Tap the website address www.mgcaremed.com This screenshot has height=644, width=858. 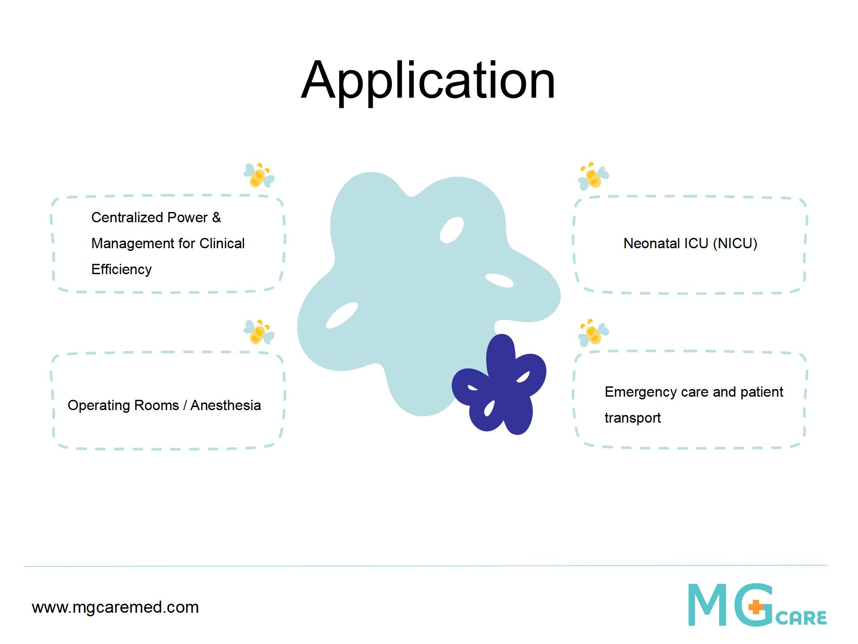tap(115, 607)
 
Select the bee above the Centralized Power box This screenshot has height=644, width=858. tap(259, 175)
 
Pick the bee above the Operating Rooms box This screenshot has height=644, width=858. tap(259, 332)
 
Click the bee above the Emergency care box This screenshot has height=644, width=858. tap(593, 333)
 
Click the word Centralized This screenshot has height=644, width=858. tap(127, 217)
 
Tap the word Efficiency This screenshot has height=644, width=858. tap(122, 270)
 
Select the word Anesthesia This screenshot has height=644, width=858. tap(226, 405)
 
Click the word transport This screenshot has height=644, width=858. tap(633, 418)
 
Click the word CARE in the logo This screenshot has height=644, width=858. tap(802, 618)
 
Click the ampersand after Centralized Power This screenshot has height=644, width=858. tap(216, 217)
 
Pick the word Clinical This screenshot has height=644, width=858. tap(222, 243)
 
